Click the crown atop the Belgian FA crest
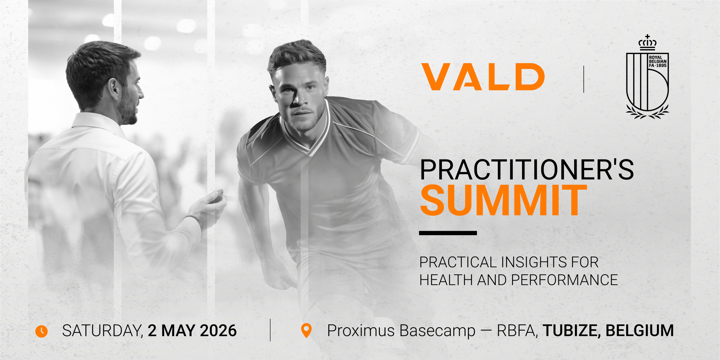pos(647,42)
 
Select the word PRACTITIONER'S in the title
pos(527,170)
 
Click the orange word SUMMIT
pos(504,200)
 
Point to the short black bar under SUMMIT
pos(448,233)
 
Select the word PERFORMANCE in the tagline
pos(564,280)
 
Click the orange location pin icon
pos(306,330)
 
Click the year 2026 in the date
pos(218,331)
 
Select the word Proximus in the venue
pos(361,331)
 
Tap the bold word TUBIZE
pos(572,331)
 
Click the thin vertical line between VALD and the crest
pos(584,79)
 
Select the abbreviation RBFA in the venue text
pos(517,331)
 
